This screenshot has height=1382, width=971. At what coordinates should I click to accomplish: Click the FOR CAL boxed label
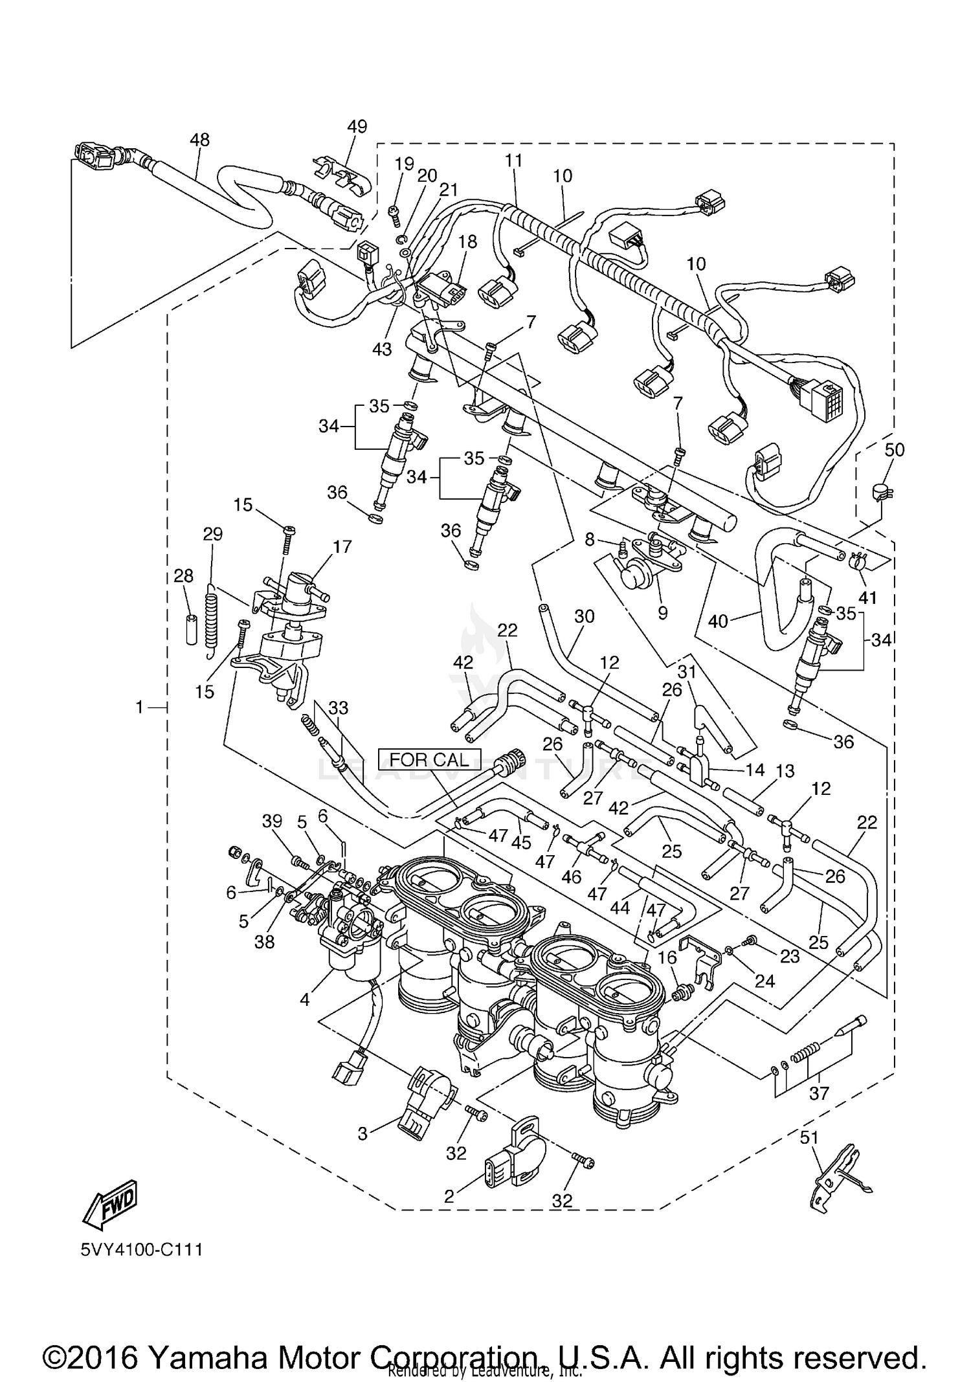(429, 759)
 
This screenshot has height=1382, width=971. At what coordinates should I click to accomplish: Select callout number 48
(200, 139)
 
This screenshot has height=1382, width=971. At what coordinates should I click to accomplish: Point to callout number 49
(357, 126)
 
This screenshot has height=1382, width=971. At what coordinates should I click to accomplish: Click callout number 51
(810, 1137)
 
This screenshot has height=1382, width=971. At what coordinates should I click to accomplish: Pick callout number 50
(894, 449)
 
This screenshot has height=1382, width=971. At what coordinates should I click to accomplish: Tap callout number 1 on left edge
(139, 708)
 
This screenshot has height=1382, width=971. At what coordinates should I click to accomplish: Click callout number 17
(342, 546)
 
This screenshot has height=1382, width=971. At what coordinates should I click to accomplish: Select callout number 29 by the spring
(212, 534)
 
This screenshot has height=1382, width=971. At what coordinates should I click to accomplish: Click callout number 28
(183, 575)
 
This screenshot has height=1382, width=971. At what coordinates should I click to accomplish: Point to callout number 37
(819, 1093)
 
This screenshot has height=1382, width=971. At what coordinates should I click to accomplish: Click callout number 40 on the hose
(719, 621)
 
